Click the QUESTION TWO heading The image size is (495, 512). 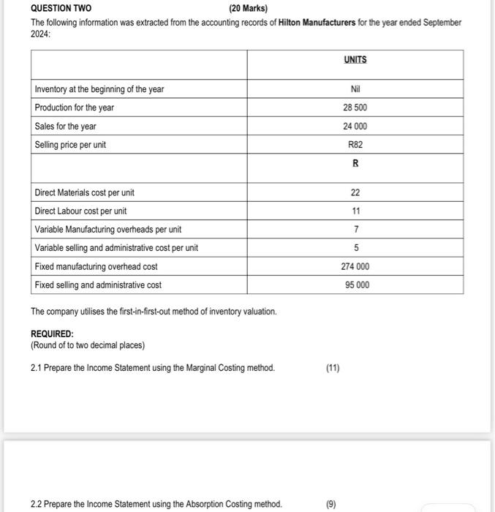(x=61, y=9)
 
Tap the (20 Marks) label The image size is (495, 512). (x=248, y=9)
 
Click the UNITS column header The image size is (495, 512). (x=355, y=59)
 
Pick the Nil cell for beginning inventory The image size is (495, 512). (x=355, y=89)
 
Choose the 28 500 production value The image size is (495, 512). (x=355, y=108)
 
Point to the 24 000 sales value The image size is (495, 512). (x=355, y=126)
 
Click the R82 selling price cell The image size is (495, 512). (x=355, y=145)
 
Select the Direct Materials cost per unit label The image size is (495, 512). (x=84, y=193)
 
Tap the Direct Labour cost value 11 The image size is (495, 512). (x=355, y=211)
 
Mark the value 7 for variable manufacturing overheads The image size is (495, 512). (x=355, y=230)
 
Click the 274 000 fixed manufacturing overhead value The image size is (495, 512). (x=355, y=267)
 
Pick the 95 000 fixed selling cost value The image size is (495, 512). (x=355, y=285)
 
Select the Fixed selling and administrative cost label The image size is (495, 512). (x=98, y=285)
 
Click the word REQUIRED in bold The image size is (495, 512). (x=52, y=334)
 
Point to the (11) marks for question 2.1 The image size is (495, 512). (x=333, y=368)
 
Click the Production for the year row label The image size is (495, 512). (x=75, y=108)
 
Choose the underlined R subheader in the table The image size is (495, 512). (x=355, y=164)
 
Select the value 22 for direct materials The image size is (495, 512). (x=355, y=193)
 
